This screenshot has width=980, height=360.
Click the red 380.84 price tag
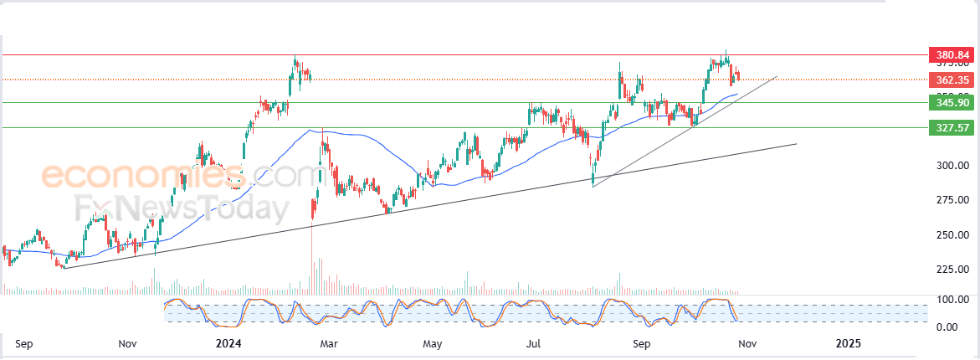coord(952,56)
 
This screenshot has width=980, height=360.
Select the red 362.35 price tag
coord(952,80)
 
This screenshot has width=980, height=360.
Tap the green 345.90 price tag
coord(952,103)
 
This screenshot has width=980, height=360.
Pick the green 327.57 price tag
coord(952,128)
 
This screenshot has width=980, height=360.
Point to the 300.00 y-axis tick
coord(952,166)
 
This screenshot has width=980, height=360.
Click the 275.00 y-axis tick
coord(952,200)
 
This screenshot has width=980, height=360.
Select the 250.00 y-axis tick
coord(952,235)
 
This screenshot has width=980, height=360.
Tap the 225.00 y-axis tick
coord(952,270)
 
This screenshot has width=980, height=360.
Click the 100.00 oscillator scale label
coord(952,300)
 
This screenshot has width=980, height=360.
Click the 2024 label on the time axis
coord(228,343)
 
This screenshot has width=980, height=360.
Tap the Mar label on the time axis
coord(329,343)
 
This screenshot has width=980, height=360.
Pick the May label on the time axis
coord(432,343)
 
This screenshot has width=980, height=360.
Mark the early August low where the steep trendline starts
coord(593,184)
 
